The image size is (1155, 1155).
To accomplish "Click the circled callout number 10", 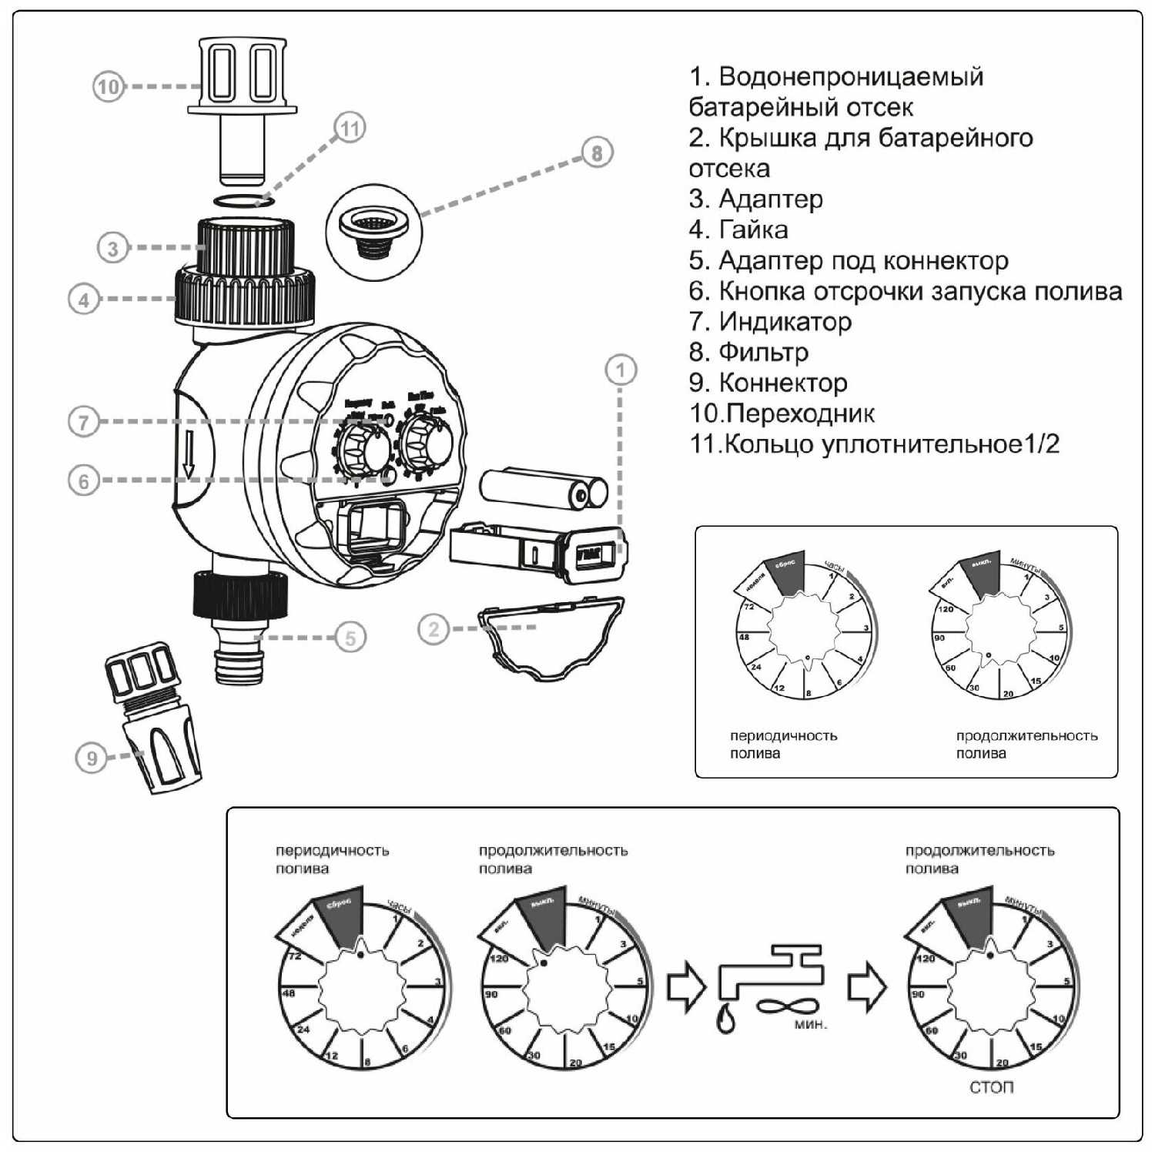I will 108,86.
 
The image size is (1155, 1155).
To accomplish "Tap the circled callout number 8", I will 597,152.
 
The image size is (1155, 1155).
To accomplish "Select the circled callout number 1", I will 621,370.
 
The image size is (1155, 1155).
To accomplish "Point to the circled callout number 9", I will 92,758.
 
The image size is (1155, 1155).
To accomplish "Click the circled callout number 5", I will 350,638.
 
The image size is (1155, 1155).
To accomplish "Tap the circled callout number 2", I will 434,629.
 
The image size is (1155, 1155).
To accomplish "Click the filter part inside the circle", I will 373,230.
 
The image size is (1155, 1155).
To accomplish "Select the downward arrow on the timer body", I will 189,454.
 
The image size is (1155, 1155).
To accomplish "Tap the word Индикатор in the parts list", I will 785,321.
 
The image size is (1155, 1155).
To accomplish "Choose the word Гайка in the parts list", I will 753,229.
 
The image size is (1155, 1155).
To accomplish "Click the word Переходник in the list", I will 800,413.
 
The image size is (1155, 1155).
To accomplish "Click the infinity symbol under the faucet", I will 785,1006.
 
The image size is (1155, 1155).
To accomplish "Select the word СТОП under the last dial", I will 991,1087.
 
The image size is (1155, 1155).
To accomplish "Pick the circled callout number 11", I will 350,128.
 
